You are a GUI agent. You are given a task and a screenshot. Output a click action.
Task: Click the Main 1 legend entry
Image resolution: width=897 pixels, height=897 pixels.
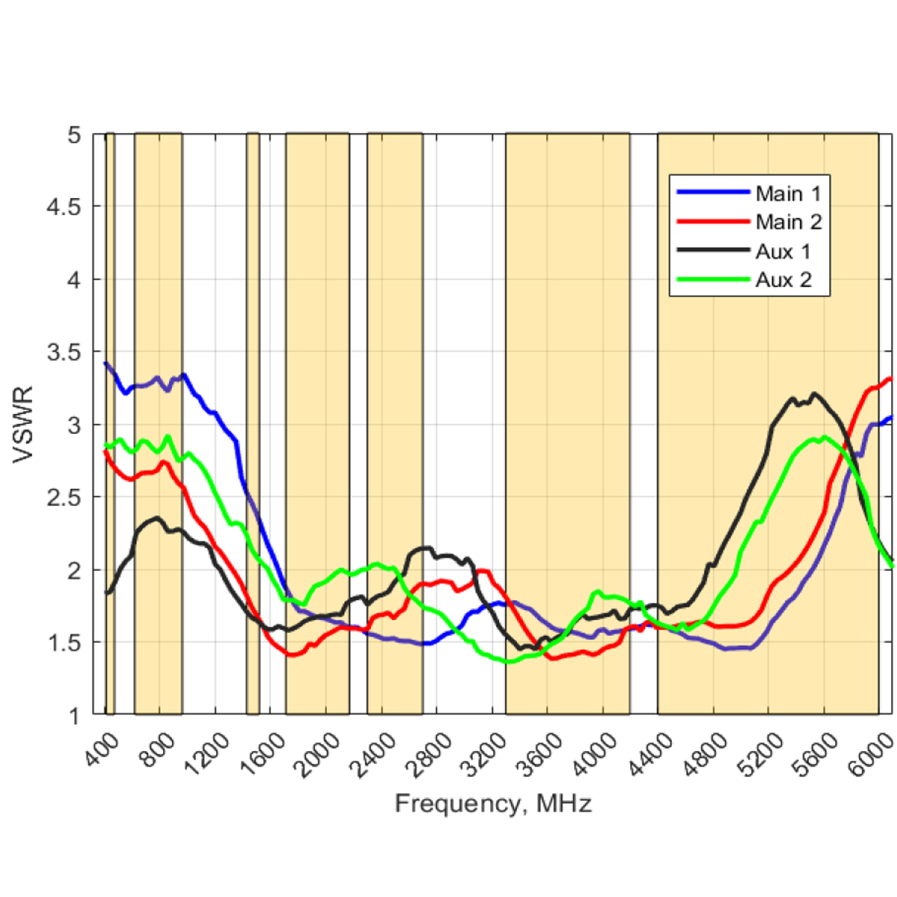pos(788,193)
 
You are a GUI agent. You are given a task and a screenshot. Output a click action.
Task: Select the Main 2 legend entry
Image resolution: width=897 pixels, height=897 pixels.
pos(788,222)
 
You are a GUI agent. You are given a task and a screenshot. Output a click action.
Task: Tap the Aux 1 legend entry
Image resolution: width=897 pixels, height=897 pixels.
pos(783,251)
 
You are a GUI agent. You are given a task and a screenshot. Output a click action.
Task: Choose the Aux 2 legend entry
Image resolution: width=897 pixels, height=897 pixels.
pos(783,281)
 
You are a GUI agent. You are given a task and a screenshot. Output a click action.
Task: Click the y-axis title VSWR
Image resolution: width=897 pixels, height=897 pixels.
pos(24,424)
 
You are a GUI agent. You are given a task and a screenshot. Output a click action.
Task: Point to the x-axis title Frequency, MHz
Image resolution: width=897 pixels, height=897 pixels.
pos(493,804)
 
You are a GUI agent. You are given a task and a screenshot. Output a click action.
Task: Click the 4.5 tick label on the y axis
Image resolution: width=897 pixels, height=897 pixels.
pos(63,207)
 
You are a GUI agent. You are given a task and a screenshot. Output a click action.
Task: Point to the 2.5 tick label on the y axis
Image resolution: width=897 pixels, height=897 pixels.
pos(63,497)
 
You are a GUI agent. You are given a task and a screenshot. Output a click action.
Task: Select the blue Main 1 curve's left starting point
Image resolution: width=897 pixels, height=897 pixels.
pos(106,363)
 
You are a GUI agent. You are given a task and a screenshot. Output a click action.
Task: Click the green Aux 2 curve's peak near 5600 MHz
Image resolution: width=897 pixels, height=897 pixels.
pos(824,437)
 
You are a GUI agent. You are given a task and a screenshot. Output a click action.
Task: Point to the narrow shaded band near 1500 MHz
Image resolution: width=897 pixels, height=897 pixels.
pos(253,424)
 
